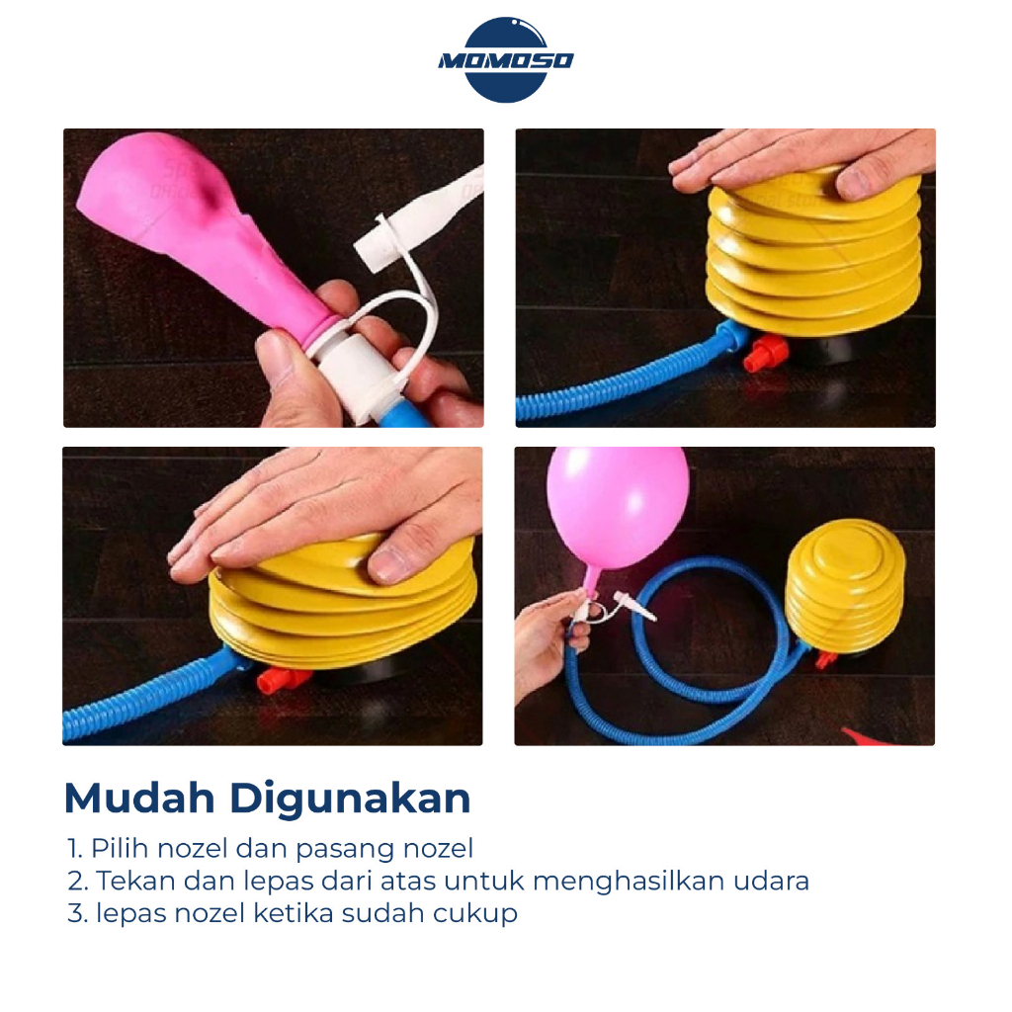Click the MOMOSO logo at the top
505,60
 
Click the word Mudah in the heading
139,799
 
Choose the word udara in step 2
781,881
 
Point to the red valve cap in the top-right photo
765,354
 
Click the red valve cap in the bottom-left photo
283,680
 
